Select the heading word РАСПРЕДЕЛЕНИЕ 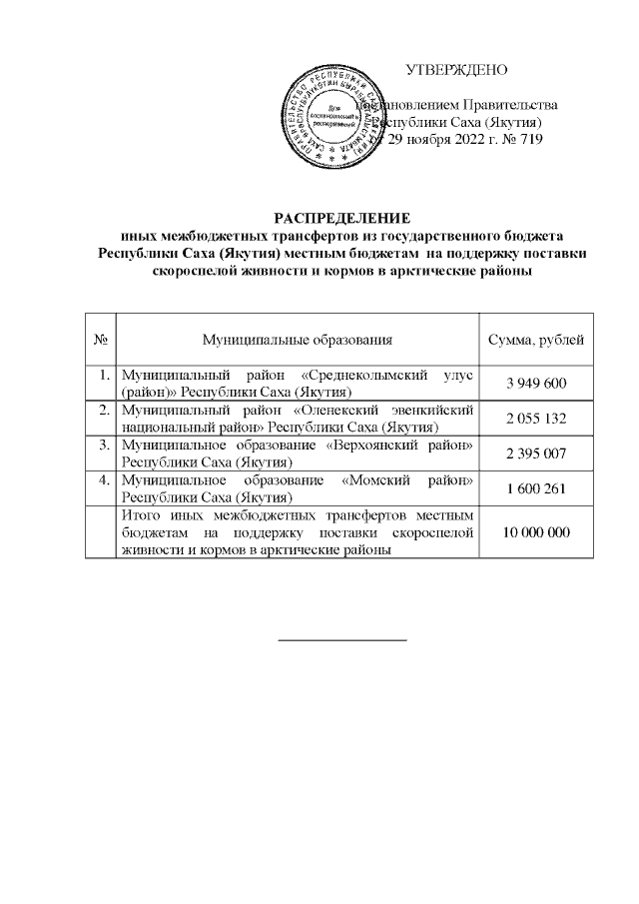(x=342, y=219)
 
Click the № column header (x=100, y=341)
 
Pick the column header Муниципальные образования (x=297, y=341)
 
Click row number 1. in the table (x=104, y=376)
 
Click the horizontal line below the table (x=342, y=637)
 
